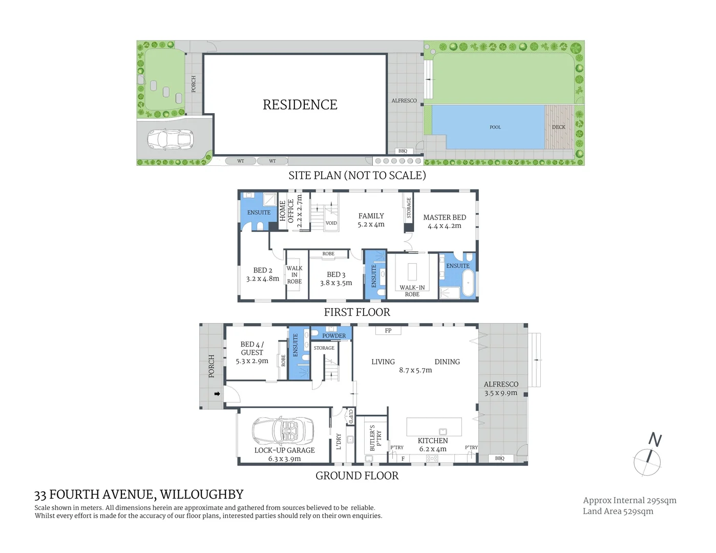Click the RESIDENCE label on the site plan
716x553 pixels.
point(300,105)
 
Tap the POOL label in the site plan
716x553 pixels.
point(495,127)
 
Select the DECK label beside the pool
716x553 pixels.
point(558,127)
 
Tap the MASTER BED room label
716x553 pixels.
point(444,218)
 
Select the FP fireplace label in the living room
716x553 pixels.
point(388,331)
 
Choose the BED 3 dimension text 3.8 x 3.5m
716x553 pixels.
point(336,283)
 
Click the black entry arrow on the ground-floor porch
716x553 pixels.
point(217,394)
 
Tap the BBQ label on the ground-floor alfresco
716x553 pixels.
point(499,458)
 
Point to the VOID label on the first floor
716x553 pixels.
point(331,223)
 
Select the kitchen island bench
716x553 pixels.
point(434,427)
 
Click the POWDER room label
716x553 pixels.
point(333,336)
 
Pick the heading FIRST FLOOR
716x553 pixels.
point(357,312)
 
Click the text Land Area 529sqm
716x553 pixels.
point(618,511)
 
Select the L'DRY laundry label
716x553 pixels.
point(339,441)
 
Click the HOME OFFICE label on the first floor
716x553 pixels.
point(287,210)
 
